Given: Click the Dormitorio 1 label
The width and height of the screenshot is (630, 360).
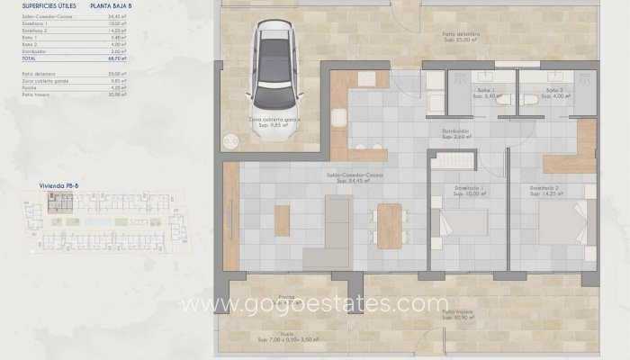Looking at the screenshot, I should pos(470,189).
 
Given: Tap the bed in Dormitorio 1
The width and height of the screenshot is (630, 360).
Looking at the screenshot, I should pos(461,222).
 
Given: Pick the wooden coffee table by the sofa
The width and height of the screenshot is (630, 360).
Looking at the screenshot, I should pos(282,220).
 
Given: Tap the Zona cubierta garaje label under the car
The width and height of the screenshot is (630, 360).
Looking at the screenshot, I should pos(274,121).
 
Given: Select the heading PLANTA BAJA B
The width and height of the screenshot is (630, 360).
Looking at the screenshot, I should pos(110,5).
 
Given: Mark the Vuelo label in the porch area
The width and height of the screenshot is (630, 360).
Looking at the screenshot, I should pos(286,334).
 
